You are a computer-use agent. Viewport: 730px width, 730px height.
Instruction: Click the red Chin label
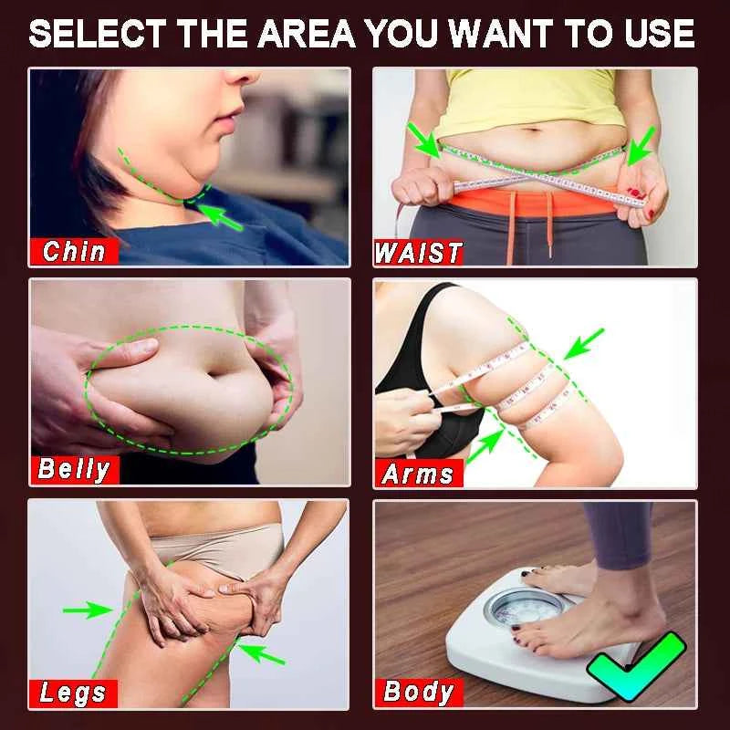[x=74, y=251]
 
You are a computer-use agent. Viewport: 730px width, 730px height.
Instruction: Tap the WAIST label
[x=419, y=253]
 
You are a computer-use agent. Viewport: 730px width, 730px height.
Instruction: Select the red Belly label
[x=74, y=470]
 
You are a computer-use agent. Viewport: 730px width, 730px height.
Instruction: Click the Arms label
[x=418, y=474]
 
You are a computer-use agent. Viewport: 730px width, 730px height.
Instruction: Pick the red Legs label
[x=73, y=693]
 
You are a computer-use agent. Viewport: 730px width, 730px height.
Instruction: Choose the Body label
[x=418, y=691]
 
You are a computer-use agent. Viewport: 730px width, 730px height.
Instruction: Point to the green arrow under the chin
[x=222, y=218]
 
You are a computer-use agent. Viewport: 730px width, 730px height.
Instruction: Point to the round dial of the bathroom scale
[x=517, y=607]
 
